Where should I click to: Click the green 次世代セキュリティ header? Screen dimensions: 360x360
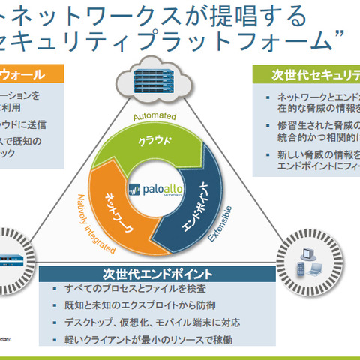point(315,74)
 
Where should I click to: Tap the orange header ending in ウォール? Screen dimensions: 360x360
point(30,74)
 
